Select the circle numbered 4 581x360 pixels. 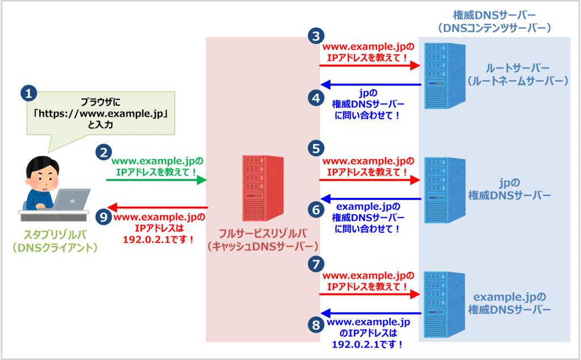[316, 98]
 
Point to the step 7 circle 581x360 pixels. [316, 263]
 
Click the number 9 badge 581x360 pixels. [103, 217]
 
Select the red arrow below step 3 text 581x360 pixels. [369, 66]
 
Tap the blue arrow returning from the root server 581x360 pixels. [371, 85]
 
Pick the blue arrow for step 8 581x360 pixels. [371, 313]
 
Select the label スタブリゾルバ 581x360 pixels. [56, 235]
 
